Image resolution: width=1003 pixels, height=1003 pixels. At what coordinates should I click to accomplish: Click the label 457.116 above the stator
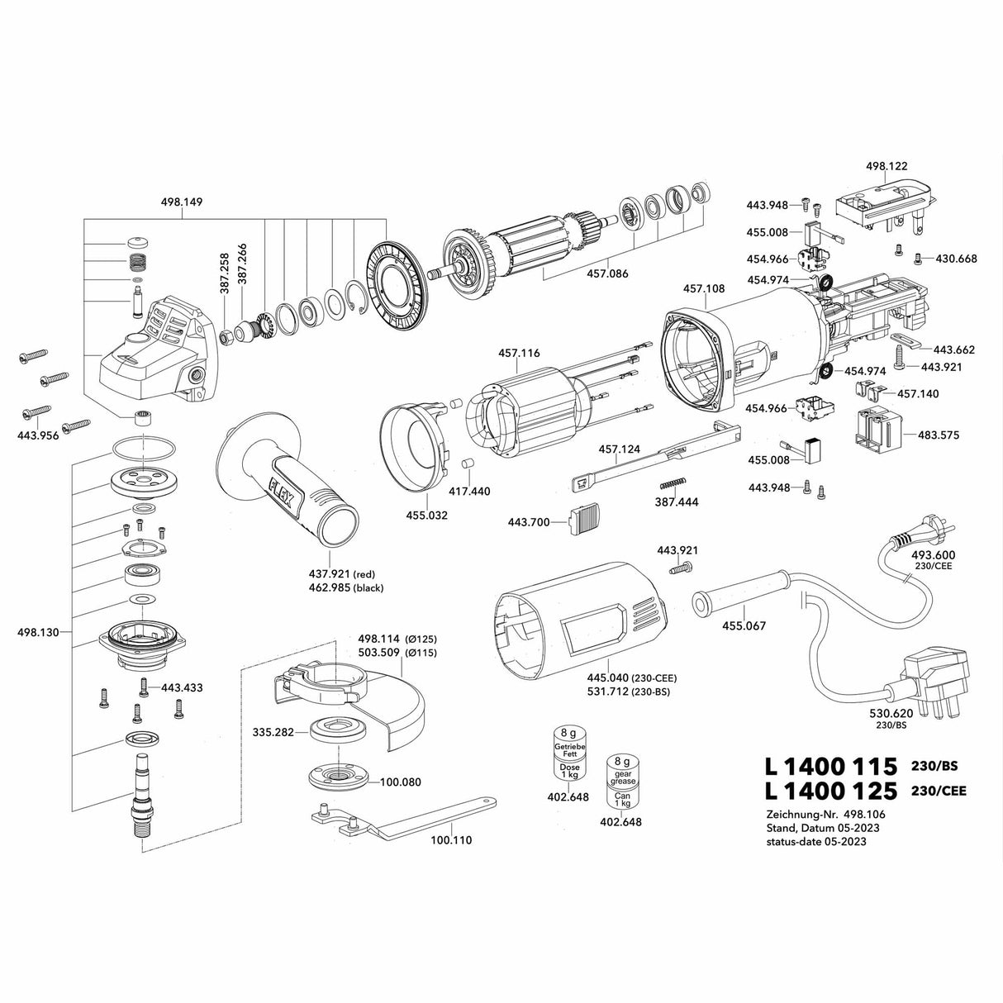click(x=519, y=354)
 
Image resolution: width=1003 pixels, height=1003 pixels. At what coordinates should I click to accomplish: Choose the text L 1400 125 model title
click(x=830, y=791)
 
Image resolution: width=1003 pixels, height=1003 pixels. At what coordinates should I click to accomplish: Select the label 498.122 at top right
click(x=887, y=166)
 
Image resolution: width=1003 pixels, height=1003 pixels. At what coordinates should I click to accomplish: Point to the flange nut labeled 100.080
click(x=338, y=777)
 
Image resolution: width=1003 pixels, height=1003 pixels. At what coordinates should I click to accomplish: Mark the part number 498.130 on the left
click(x=37, y=633)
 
